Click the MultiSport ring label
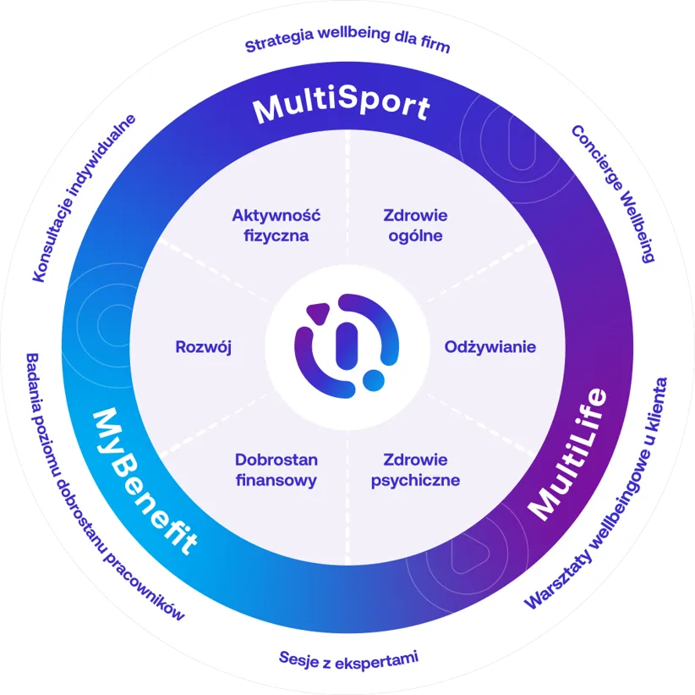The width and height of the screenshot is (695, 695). click(x=342, y=108)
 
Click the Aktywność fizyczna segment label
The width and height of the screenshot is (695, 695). click(x=276, y=225)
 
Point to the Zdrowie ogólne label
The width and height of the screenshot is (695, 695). click(x=415, y=225)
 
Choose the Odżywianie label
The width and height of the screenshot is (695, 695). click(x=490, y=347)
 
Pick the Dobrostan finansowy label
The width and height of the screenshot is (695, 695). click(x=276, y=470)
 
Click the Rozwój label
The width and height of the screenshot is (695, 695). click(x=203, y=347)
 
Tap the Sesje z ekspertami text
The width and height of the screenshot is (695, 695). click(x=348, y=658)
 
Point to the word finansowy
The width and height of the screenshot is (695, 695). click(x=276, y=480)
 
